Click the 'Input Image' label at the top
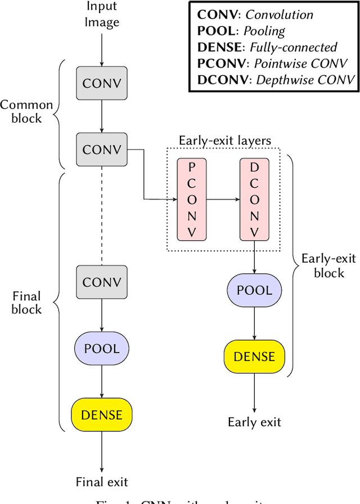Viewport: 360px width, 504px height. pyautogui.click(x=102, y=15)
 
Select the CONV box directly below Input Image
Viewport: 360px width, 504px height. pyautogui.click(x=102, y=84)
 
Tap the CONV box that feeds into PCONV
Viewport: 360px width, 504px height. pyautogui.click(x=102, y=150)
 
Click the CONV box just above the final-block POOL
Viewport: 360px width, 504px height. pyautogui.click(x=102, y=282)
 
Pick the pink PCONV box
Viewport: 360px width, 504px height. pyautogui.click(x=192, y=199)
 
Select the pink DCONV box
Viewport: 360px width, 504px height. pyautogui.click(x=254, y=199)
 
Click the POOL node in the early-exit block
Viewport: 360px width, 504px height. pyautogui.click(x=254, y=290)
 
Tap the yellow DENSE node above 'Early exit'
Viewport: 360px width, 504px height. pyautogui.click(x=254, y=357)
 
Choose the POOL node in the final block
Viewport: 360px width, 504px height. pyautogui.click(x=102, y=348)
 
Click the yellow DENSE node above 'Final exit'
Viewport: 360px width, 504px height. pyautogui.click(x=102, y=415)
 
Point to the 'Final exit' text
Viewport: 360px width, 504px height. pyautogui.click(x=102, y=481)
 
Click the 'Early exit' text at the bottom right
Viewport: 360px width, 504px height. pyautogui.click(x=254, y=422)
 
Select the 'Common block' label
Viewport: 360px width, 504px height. pyautogui.click(x=26, y=111)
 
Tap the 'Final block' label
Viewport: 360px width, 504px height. pyautogui.click(x=26, y=303)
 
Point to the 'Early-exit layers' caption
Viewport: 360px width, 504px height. pyautogui.click(x=224, y=141)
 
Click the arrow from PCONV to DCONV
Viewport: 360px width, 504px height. pyautogui.click(x=223, y=199)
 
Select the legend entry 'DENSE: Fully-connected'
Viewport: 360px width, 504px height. pyautogui.click(x=267, y=47)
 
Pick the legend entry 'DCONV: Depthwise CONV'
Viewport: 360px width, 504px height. pyautogui.click(x=276, y=79)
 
